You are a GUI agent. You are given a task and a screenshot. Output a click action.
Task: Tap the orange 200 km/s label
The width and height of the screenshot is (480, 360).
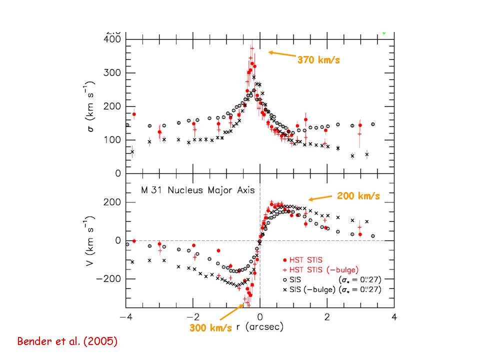tap(358, 196)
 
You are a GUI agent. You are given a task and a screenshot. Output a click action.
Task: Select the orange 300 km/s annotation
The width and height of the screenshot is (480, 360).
tap(210, 328)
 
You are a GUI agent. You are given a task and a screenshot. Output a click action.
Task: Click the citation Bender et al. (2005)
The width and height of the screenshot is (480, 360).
tap(67, 342)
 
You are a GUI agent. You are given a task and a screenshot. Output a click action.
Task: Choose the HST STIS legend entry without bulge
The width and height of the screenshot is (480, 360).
tap(306, 260)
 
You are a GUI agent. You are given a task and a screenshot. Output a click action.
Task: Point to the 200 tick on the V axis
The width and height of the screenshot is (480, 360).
tap(113, 202)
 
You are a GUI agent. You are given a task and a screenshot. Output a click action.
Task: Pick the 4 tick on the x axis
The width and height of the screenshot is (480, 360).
tap(394, 317)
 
